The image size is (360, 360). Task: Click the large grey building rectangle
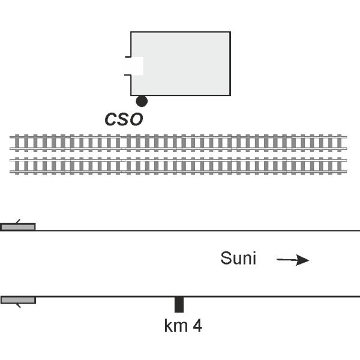186,63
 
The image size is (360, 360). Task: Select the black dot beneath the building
142,101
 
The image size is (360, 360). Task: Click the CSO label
124,119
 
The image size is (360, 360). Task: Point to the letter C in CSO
110,119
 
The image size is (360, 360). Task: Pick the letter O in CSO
137,119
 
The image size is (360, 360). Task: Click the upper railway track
178,142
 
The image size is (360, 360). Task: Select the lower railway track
178,165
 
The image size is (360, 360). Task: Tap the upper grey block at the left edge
18,227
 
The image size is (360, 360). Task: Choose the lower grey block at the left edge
18,299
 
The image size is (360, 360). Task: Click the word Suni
238,259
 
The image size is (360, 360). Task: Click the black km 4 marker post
179,304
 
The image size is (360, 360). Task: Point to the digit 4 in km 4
197,326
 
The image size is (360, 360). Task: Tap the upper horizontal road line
198,230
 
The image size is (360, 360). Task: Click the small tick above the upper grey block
16,221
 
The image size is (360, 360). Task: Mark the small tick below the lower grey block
18,305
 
